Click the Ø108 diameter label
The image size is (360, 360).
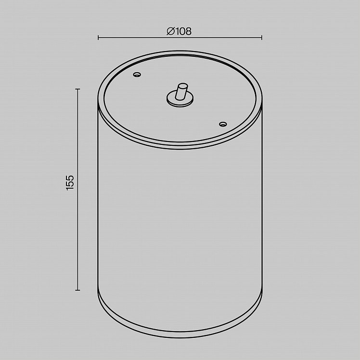[179, 31]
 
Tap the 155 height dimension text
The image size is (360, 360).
[70, 182]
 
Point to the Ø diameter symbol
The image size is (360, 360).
[170, 31]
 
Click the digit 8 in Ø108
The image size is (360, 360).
[188, 31]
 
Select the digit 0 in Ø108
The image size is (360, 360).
[181, 31]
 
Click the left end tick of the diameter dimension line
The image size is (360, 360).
[98, 38]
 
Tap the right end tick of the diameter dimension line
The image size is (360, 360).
[262, 38]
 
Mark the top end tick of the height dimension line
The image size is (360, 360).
[77, 89]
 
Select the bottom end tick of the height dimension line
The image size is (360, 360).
[77, 290]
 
